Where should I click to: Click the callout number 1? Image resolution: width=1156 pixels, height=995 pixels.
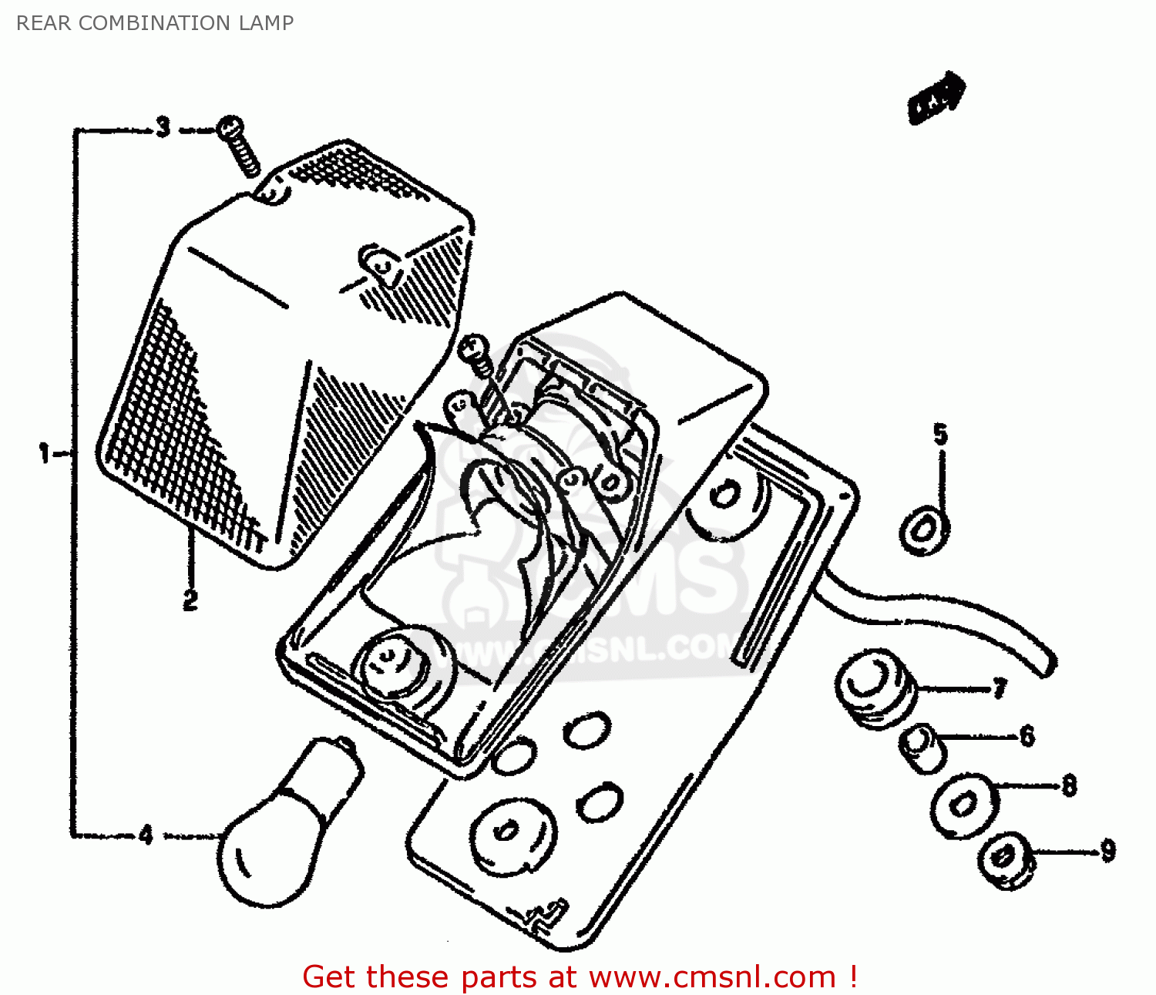point(44,453)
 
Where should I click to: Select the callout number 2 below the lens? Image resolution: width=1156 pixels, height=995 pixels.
point(190,600)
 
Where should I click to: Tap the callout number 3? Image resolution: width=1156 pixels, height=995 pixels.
point(163,127)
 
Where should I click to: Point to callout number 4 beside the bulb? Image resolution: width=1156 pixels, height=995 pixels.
point(146,835)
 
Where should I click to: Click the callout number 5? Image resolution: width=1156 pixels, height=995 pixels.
point(940,434)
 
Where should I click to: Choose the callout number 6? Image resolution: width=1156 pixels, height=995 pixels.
point(1027,736)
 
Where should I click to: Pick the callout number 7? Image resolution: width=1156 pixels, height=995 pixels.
point(999,687)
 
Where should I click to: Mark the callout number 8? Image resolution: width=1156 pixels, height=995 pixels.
point(1069,785)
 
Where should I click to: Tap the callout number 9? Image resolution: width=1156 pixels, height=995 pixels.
point(1107,851)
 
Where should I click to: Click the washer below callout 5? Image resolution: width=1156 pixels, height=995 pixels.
point(924,530)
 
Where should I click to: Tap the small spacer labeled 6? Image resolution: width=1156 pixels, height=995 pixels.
point(922,748)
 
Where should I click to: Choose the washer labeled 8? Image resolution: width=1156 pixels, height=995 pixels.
point(963,805)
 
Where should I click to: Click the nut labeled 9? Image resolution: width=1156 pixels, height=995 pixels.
point(1004,861)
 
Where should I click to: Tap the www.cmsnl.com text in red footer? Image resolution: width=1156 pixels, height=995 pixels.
point(712,977)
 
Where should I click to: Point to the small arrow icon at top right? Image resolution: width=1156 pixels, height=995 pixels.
point(936,98)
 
